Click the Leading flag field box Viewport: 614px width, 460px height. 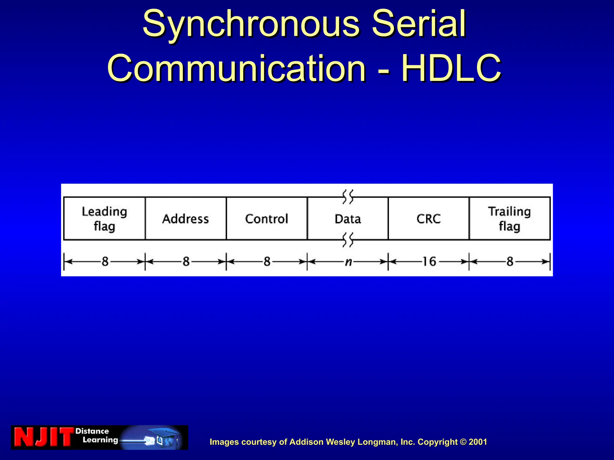(x=104, y=219)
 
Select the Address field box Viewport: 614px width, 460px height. (x=186, y=219)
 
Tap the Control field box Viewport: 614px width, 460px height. (x=267, y=219)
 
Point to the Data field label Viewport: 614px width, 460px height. (x=348, y=219)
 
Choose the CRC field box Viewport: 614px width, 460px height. (x=428, y=219)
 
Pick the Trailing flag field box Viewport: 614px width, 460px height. (x=510, y=219)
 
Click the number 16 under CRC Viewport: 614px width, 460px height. (x=429, y=262)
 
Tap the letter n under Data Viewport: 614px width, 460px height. (x=348, y=262)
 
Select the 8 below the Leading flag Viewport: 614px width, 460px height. (x=105, y=262)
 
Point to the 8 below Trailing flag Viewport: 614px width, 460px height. (x=510, y=262)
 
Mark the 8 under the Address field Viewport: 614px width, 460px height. (x=186, y=262)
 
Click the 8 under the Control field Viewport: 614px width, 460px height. (x=267, y=262)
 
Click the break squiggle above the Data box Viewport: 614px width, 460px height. (x=348, y=197)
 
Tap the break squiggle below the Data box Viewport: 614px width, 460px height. (x=348, y=240)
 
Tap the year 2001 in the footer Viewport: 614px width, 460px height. (x=478, y=442)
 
